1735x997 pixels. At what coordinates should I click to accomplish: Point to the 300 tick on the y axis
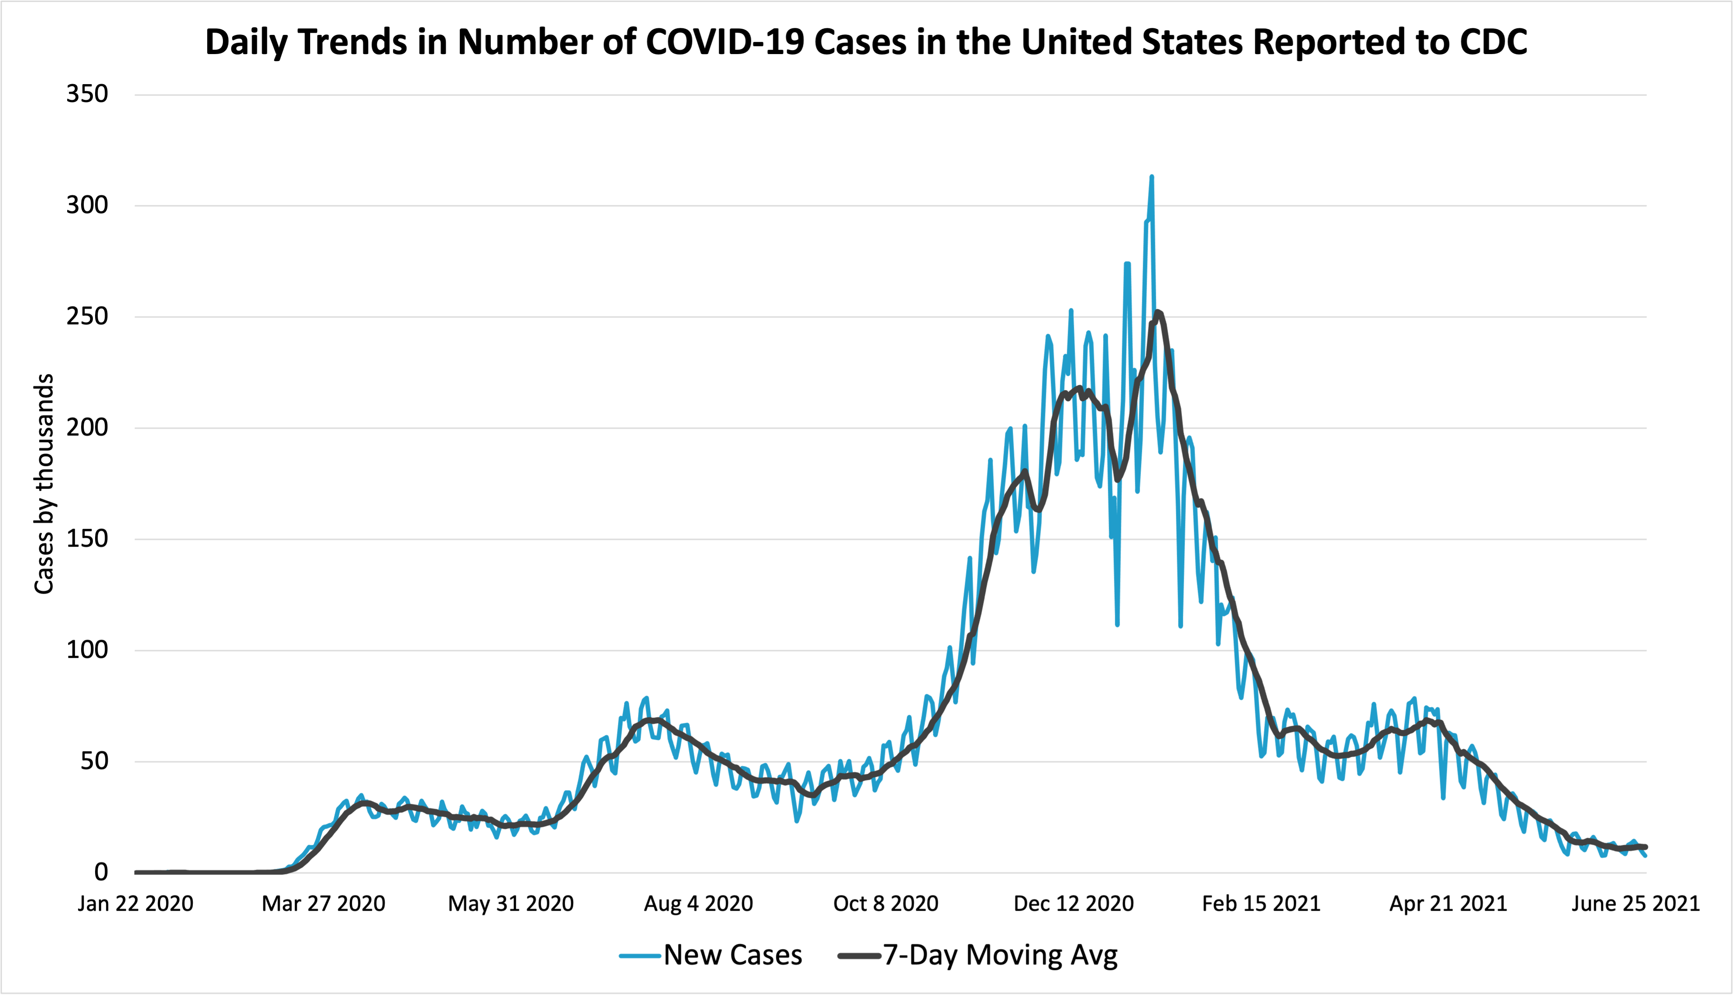[87, 205]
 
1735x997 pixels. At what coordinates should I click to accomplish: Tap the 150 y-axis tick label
[87, 539]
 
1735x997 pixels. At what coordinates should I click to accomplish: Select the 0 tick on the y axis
[101, 872]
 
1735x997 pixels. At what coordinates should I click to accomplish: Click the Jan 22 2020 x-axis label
[136, 903]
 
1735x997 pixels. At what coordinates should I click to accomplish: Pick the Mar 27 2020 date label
[323, 903]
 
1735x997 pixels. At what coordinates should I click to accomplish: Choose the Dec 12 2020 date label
[1073, 903]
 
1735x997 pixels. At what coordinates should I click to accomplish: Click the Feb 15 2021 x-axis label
[1261, 903]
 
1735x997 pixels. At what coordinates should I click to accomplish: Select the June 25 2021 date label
[1636, 903]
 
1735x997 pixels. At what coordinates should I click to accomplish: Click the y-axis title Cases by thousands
[44, 483]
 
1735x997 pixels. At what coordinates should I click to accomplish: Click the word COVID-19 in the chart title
[725, 42]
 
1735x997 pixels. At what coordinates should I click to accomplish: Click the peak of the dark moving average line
[1157, 312]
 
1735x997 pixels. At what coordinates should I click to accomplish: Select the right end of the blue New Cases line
[1645, 855]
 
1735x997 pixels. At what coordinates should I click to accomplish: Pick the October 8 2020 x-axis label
[886, 903]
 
